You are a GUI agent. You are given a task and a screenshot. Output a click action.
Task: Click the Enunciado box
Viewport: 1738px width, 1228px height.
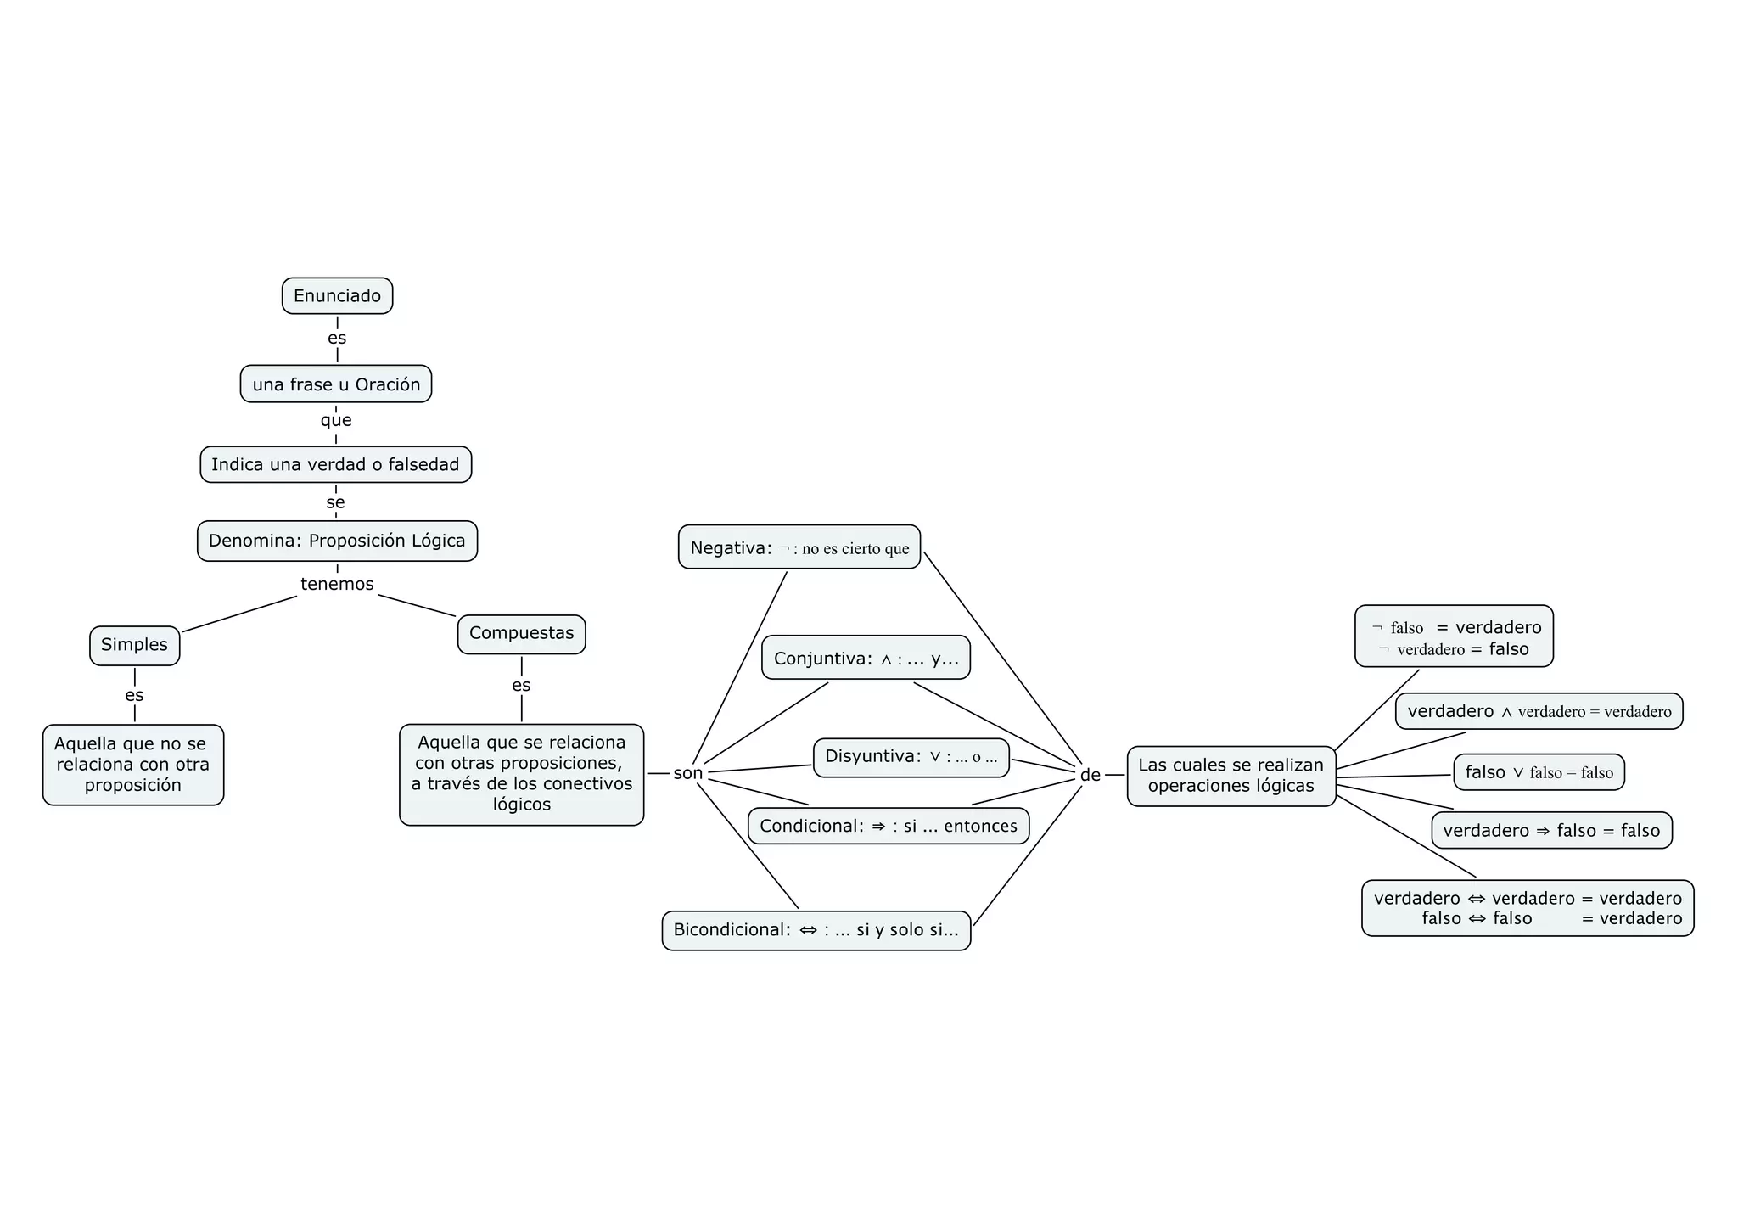tap(337, 296)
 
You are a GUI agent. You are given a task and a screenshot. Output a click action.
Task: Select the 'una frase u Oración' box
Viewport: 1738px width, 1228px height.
tap(336, 384)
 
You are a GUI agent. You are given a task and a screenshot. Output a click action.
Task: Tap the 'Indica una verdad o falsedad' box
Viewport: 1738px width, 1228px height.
tap(335, 465)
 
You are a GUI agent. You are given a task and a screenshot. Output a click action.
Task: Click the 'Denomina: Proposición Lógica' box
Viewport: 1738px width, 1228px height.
tap(337, 541)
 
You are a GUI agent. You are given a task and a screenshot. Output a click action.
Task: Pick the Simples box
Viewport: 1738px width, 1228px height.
tap(134, 645)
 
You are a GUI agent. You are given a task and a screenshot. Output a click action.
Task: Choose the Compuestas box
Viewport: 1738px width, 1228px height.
tap(521, 634)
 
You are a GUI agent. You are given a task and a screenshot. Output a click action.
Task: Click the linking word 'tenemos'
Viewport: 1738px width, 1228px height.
tap(337, 584)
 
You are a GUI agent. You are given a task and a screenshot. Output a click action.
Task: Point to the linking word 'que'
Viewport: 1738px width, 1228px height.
tap(336, 420)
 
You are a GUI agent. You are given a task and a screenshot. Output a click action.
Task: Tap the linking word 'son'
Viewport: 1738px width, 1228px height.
tap(687, 773)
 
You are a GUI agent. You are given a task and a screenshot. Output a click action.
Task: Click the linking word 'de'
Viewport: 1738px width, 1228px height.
tap(1090, 775)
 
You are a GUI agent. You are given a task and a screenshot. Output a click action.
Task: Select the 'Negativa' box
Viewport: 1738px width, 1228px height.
tap(799, 547)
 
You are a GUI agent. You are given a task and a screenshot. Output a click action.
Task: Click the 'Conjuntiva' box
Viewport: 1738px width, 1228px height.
tap(866, 658)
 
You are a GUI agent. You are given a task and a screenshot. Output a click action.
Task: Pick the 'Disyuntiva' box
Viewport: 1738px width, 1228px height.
tap(911, 757)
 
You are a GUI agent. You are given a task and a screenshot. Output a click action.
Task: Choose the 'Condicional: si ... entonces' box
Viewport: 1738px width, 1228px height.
tap(888, 826)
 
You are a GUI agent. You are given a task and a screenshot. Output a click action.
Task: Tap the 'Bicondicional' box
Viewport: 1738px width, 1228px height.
tap(816, 930)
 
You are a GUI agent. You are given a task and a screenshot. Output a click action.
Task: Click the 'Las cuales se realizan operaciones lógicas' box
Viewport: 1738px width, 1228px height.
tap(1231, 776)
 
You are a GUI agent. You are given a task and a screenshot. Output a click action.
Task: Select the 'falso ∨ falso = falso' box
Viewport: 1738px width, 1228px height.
tap(1539, 772)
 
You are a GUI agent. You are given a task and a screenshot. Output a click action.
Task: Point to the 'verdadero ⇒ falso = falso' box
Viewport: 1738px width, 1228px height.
tap(1551, 831)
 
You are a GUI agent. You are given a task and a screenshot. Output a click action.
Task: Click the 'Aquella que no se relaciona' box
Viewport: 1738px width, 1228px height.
tap(133, 765)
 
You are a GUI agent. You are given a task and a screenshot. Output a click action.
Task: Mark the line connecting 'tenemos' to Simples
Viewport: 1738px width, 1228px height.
tap(239, 614)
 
